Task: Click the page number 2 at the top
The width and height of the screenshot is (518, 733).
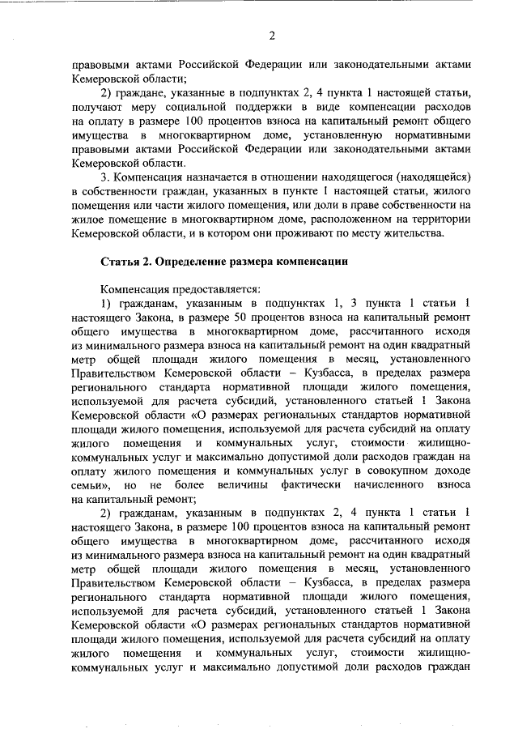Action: (272, 35)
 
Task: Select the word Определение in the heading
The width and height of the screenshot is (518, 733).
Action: (192, 262)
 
